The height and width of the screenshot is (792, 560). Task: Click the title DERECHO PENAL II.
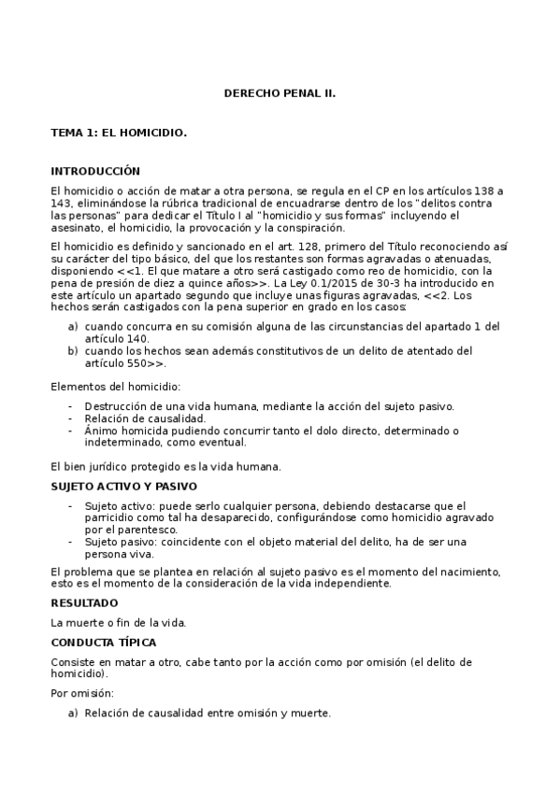pyautogui.click(x=280, y=94)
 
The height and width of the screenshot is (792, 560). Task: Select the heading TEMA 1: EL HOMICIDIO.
pyautogui.click(x=119, y=133)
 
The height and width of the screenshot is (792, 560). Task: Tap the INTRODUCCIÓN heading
pyautogui.click(x=94, y=171)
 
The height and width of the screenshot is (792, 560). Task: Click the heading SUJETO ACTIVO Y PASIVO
pyautogui.click(x=123, y=487)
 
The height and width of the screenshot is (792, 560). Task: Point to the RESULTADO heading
pyautogui.click(x=84, y=603)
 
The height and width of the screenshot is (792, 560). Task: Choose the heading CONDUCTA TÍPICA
pyautogui.click(x=103, y=643)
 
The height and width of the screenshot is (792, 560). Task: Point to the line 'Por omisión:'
pyautogui.click(x=82, y=693)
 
